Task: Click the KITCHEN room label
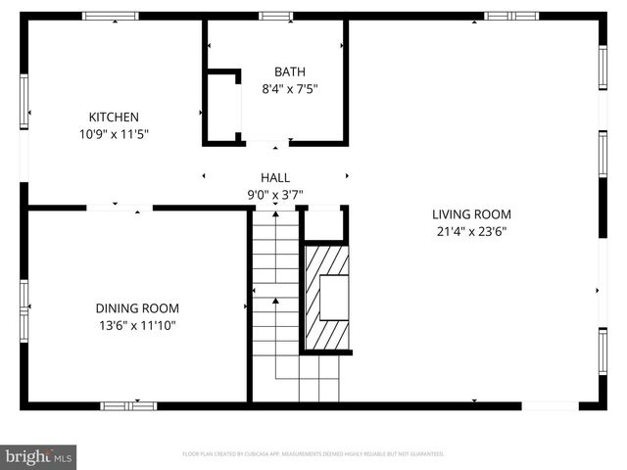point(114,117)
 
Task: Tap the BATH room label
point(289,71)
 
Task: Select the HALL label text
point(274,177)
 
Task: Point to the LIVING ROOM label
point(471,214)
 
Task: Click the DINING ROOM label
point(136,307)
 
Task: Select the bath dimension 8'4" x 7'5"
point(289,88)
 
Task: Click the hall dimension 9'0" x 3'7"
point(274,194)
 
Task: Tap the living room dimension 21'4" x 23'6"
point(471,231)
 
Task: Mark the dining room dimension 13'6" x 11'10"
point(136,324)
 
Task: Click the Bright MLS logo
point(38,456)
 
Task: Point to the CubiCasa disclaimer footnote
point(313,454)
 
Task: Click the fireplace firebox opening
point(334,297)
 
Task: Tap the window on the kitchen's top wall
point(110,16)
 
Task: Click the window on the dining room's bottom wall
point(128,404)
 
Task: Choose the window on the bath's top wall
point(275,16)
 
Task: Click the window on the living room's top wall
point(511,16)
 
